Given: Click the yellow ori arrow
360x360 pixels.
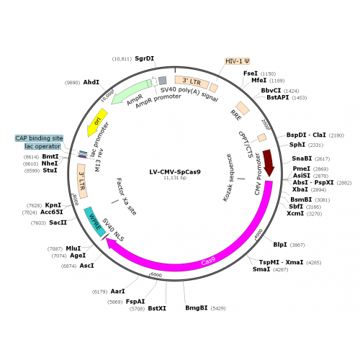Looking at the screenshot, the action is (97, 122).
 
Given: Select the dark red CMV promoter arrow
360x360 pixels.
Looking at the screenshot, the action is (269, 163).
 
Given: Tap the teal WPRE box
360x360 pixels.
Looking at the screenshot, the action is (95, 222).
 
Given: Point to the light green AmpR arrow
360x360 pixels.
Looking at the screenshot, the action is (131, 92).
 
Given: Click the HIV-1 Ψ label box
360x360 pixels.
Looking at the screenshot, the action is (238, 61).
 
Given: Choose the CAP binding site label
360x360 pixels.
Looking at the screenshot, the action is (39, 138).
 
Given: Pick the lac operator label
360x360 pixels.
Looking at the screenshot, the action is (42, 146).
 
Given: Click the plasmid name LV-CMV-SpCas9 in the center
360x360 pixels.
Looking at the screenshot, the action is (175, 172).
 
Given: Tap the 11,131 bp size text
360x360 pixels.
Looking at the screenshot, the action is (175, 178).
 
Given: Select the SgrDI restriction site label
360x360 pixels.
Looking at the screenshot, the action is (144, 58).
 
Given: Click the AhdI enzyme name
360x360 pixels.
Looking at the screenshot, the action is (91, 82).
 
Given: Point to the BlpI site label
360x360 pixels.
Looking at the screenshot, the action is (280, 245).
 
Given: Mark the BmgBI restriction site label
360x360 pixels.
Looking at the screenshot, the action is (197, 307).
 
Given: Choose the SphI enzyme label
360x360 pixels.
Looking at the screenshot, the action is (297, 145).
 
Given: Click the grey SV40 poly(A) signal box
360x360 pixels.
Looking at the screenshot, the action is (163, 81).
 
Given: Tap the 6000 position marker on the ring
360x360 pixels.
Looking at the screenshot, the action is (156, 275).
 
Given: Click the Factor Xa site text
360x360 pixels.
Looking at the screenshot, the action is (126, 197).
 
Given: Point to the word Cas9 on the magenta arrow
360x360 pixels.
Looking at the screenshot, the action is (208, 261).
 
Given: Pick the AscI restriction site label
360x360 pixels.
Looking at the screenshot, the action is (86, 266).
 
